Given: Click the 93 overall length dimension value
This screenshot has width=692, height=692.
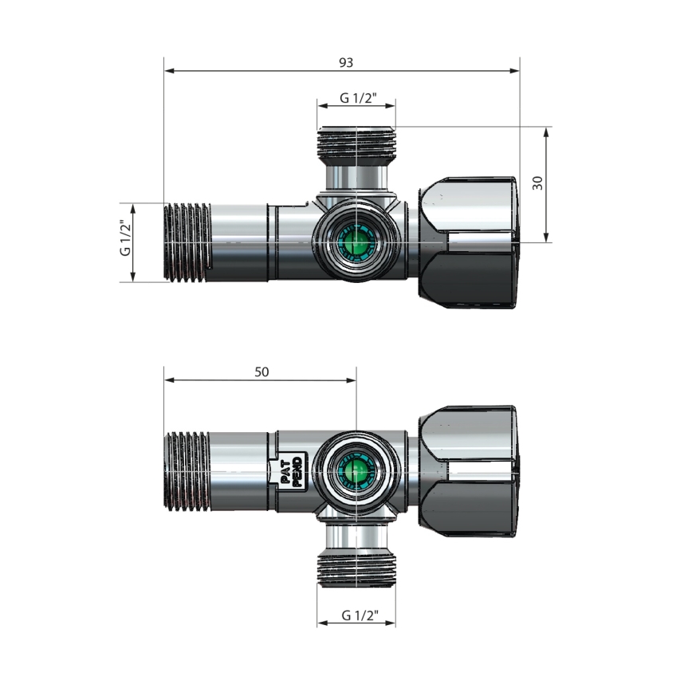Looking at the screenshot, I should [x=345, y=62].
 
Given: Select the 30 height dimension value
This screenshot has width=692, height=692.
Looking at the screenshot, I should [x=538, y=183].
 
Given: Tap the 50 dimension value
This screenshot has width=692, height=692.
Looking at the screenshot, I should [x=262, y=372].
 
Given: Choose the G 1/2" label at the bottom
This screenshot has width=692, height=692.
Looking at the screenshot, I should [x=357, y=616].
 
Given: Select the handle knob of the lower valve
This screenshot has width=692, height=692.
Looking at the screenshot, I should [x=468, y=470].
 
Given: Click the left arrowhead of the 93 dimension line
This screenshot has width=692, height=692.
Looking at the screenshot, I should [x=168, y=71].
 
